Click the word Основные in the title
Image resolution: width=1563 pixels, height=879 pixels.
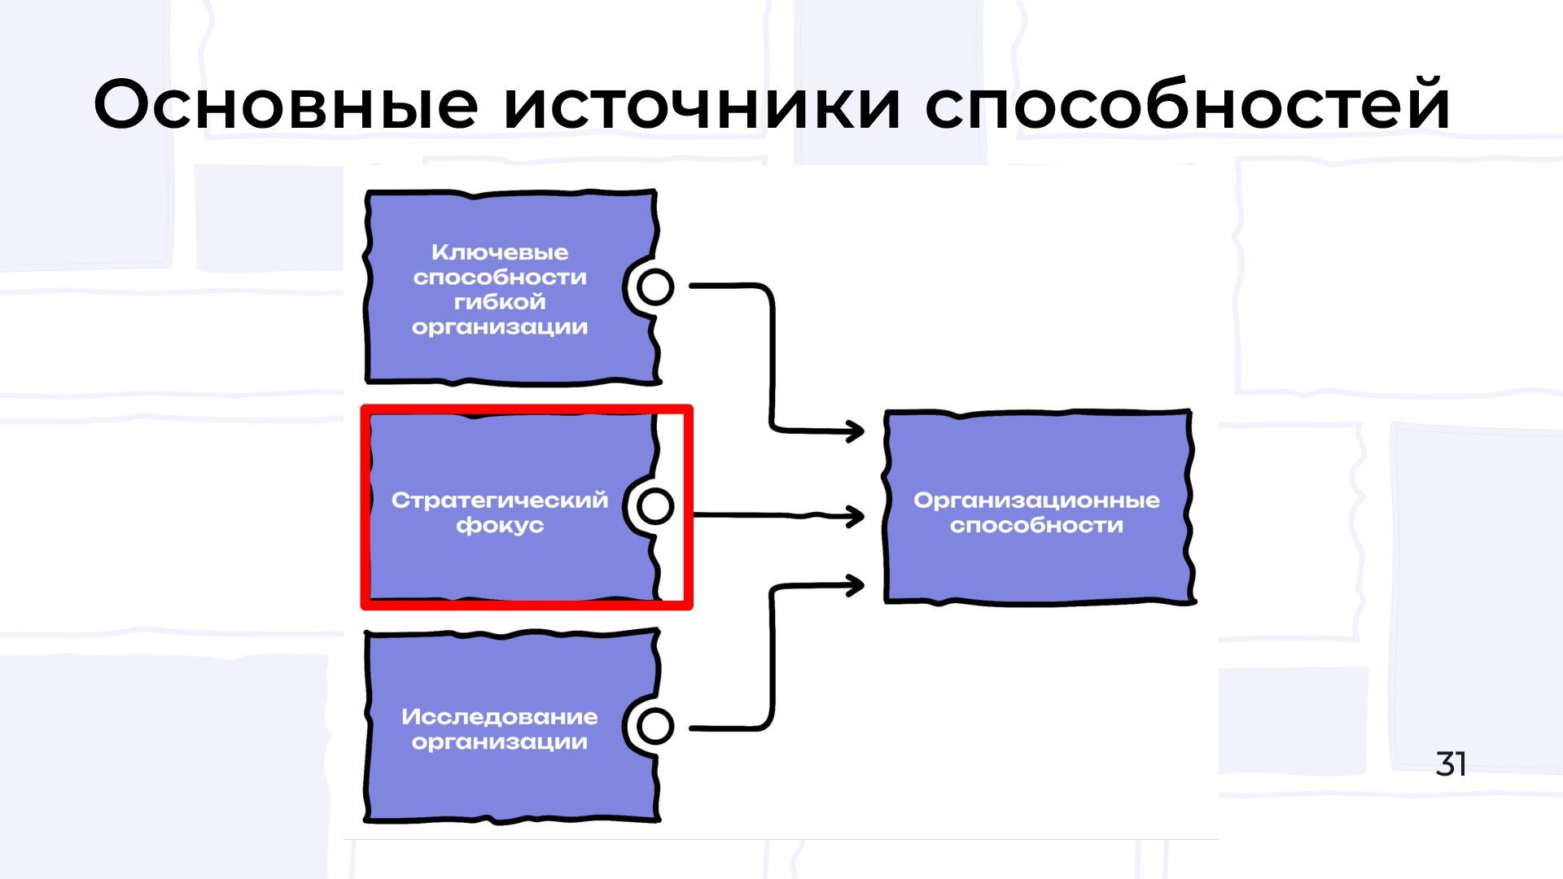[285, 104]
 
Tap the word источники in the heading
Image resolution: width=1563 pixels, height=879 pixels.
[702, 104]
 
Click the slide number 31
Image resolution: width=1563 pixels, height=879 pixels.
[1451, 764]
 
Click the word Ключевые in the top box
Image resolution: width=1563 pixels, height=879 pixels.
[500, 252]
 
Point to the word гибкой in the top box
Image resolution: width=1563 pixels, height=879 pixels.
[500, 302]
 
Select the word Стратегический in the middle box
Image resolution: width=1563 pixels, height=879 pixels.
[500, 500]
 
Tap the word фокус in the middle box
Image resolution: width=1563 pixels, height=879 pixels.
[500, 525]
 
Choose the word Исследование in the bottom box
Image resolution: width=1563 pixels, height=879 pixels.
[500, 717]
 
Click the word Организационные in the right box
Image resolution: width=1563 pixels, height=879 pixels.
[1036, 500]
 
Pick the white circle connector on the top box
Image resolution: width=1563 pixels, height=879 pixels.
[655, 286]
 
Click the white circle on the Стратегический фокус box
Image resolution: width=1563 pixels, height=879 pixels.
[655, 506]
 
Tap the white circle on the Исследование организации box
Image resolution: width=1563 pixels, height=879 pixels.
[655, 726]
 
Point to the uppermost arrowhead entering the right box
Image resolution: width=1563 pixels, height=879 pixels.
[856, 431]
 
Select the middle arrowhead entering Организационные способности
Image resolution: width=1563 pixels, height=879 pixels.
[856, 516]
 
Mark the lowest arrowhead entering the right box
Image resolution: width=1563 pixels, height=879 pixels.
[856, 585]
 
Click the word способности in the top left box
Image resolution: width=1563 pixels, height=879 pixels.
[500, 278]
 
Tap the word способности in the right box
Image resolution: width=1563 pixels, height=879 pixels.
[1036, 525]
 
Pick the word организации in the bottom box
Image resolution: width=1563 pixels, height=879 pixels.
[500, 742]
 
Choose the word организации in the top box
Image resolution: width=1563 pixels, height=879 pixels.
[500, 327]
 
